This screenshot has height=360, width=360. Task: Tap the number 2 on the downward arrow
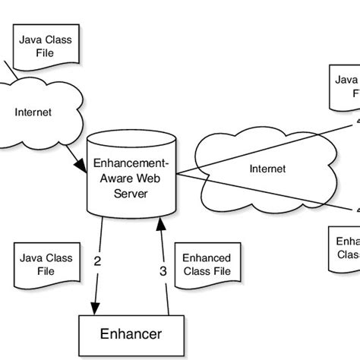(97, 261)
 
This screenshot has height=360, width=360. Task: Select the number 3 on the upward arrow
(162, 270)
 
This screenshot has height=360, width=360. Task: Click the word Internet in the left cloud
(33, 112)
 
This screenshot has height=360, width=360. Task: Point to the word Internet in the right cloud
(267, 169)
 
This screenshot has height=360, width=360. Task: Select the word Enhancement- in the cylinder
(131, 163)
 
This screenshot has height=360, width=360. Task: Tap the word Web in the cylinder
(150, 178)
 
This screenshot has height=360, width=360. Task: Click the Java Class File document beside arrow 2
(46, 264)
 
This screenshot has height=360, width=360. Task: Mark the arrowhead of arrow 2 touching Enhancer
(94, 308)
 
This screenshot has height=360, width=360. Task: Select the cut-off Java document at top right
(346, 87)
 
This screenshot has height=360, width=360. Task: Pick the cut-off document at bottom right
(346, 247)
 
